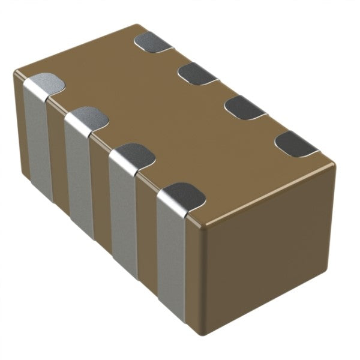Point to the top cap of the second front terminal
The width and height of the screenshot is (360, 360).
pos(86,117)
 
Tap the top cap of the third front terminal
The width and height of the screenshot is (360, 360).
pos(132,154)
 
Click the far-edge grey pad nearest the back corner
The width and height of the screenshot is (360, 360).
pos(153,42)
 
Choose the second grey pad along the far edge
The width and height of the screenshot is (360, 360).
pos(197,73)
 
